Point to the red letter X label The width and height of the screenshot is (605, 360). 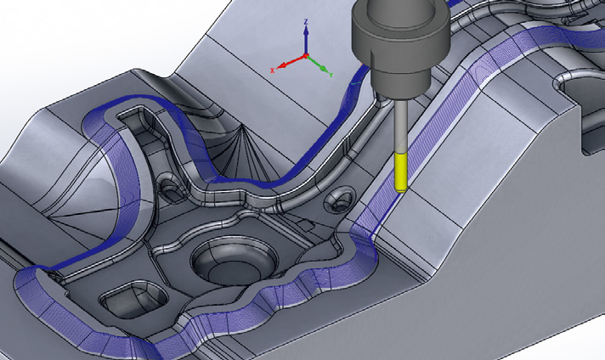[x=272, y=70]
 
